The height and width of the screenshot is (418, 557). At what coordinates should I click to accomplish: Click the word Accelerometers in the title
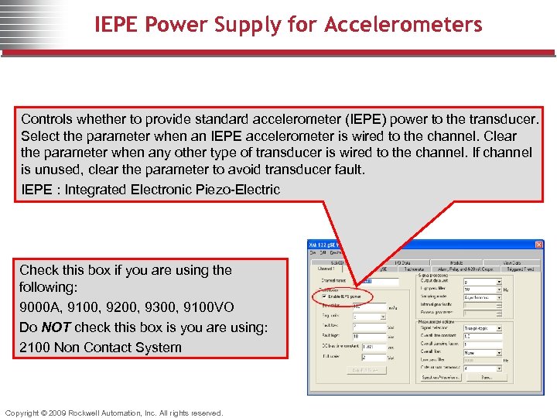(403, 25)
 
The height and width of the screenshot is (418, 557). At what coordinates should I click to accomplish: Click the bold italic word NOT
(52, 327)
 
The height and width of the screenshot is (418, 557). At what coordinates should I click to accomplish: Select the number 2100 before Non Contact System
(35, 348)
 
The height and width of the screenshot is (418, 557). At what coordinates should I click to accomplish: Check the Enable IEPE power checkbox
(323, 296)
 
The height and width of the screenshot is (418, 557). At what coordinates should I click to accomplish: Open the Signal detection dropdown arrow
(498, 328)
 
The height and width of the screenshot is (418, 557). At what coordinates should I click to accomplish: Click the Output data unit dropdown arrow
(498, 282)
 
